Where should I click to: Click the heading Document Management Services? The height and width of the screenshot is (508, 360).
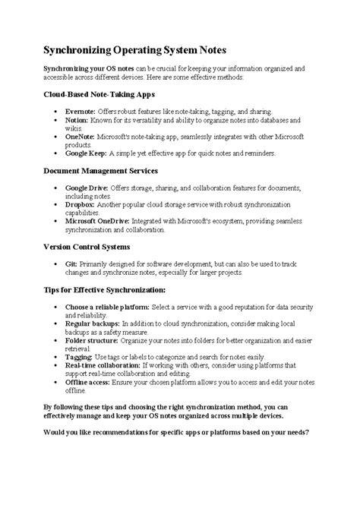(x=101, y=171)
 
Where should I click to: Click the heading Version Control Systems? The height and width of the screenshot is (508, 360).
(x=85, y=247)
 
